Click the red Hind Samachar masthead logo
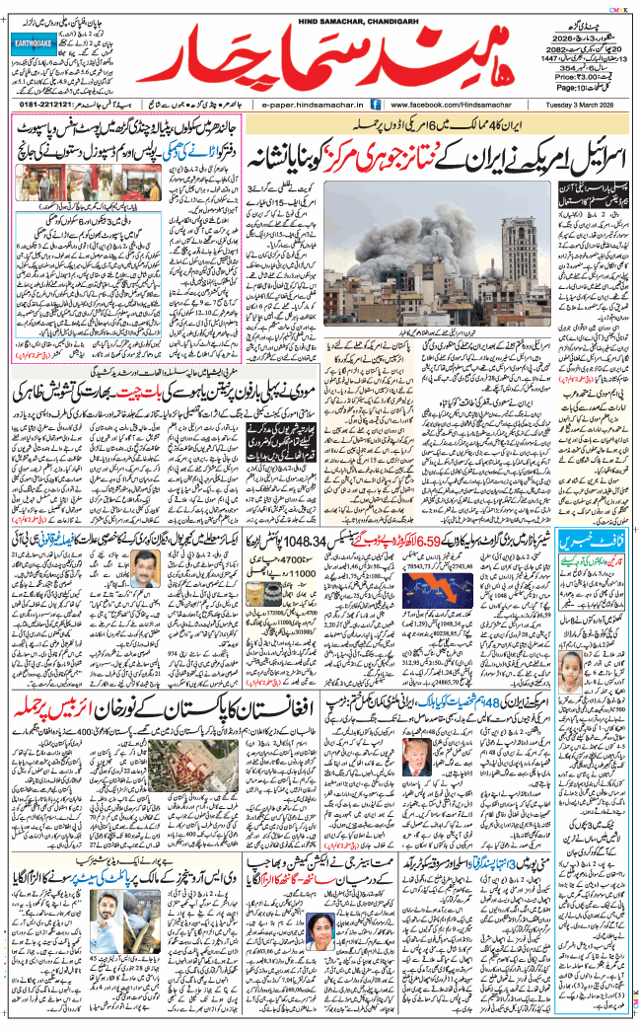[330, 60]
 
